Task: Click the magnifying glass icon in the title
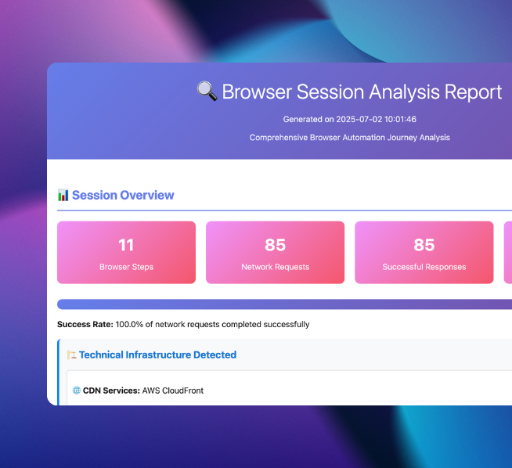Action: [207, 91]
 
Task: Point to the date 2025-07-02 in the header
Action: [359, 119]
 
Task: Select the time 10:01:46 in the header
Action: [401, 119]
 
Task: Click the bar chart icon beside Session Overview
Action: [63, 195]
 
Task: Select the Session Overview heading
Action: [123, 195]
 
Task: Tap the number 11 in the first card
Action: [126, 245]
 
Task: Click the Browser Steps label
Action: [126, 267]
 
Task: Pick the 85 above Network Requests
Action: [276, 245]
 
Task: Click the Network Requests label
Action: [276, 267]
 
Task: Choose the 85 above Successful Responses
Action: [424, 245]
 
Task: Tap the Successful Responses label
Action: [424, 267]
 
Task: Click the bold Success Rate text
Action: [85, 325]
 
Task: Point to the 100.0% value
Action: [129, 325]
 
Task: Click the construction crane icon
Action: [71, 355]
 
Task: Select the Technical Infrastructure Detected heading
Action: [157, 355]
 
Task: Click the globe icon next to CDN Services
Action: [77, 391]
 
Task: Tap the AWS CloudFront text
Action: [173, 391]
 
